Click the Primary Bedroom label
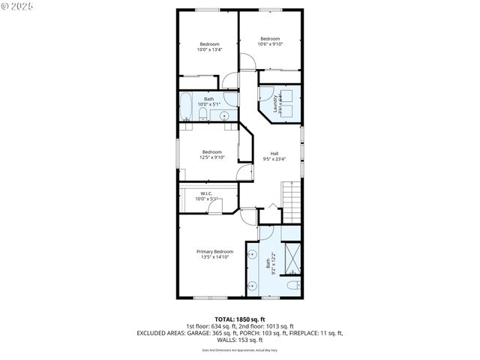pos(214,251)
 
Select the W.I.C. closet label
pos(206,193)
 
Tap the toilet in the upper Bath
pos(203,113)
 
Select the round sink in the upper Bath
pos(223,115)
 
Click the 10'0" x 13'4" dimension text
pos(209,50)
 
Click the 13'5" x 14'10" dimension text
pos(214,257)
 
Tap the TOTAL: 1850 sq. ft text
pos(240,319)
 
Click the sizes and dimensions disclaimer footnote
pos(240,349)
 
